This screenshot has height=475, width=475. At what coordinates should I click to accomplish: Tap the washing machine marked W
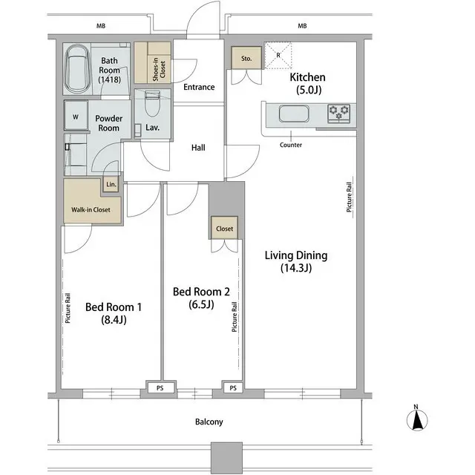pyautogui.click(x=76, y=117)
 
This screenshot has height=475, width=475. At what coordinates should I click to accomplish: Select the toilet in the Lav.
pyautogui.click(x=154, y=103)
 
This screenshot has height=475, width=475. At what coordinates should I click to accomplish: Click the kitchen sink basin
pyautogui.click(x=292, y=114)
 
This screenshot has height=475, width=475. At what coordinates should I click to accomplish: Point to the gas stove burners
pyautogui.click(x=341, y=113)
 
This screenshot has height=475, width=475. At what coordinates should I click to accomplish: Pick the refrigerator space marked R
pyautogui.click(x=278, y=54)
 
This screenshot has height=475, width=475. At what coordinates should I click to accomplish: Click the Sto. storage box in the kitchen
pyautogui.click(x=246, y=59)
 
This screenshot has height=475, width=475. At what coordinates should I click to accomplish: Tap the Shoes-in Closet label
pyautogui.click(x=152, y=67)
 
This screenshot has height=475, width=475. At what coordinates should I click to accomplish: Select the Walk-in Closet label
pyautogui.click(x=91, y=210)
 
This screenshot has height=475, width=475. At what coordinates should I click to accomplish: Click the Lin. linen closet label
pyautogui.click(x=111, y=184)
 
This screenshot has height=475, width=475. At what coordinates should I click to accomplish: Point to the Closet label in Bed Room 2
pyautogui.click(x=225, y=229)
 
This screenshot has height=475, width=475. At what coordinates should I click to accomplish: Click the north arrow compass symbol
pyautogui.click(x=417, y=420)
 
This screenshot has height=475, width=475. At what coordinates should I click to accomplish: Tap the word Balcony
pyautogui.click(x=209, y=422)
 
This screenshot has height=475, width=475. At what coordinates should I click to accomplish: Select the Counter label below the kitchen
pyautogui.click(x=291, y=145)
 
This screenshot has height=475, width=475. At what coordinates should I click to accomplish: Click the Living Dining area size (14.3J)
pyautogui.click(x=296, y=269)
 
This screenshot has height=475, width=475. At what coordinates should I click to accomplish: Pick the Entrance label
pyautogui.click(x=199, y=88)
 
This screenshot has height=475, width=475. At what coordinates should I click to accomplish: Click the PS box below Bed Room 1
pyautogui.click(x=160, y=387)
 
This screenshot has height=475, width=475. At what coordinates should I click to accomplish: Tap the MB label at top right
pyautogui.click(x=302, y=27)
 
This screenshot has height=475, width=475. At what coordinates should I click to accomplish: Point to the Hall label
pyautogui.click(x=198, y=148)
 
